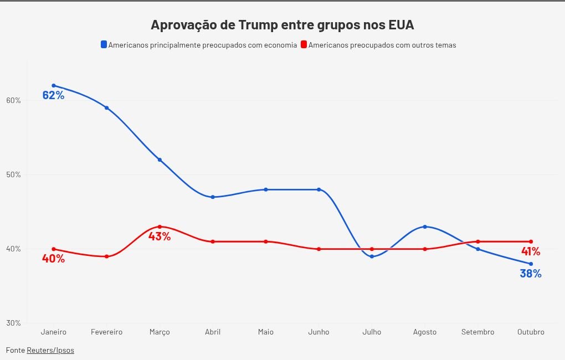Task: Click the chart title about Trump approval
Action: [282, 25]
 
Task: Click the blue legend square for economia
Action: [104, 44]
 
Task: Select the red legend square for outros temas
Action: [304, 44]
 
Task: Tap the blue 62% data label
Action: [53, 95]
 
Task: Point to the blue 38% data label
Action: [530, 274]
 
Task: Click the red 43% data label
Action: [160, 236]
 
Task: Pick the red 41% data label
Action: [531, 251]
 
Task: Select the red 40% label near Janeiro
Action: [53, 259]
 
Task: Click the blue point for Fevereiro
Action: [106, 108]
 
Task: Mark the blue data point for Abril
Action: [213, 197]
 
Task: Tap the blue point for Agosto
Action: [425, 227]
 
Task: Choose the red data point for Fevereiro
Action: [106, 256]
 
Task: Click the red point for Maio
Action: [266, 241]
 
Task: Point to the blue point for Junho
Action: [319, 189]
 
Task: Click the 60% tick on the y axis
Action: [14, 100]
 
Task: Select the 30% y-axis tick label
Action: [14, 323]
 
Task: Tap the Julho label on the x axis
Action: [372, 332]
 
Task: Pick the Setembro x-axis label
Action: [477, 332]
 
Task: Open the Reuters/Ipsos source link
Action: [50, 350]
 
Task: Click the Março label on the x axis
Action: [160, 332]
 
